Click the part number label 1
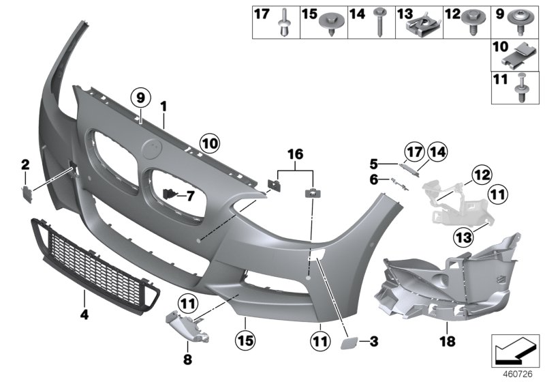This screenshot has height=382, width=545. [x=163, y=106]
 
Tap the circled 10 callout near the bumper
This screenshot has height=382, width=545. [x=210, y=143]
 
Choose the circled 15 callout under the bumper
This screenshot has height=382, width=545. [x=245, y=337]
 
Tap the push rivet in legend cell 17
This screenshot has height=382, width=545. [x=281, y=27]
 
